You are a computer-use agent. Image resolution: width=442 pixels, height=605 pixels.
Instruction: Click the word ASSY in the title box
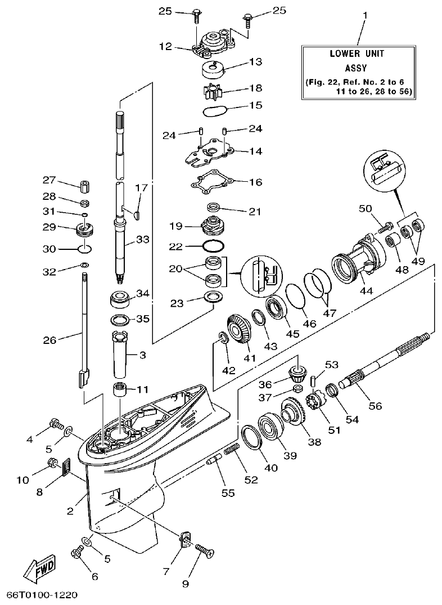coord(356,68)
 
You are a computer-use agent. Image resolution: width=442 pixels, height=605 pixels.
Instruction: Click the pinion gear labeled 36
coord(297,372)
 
